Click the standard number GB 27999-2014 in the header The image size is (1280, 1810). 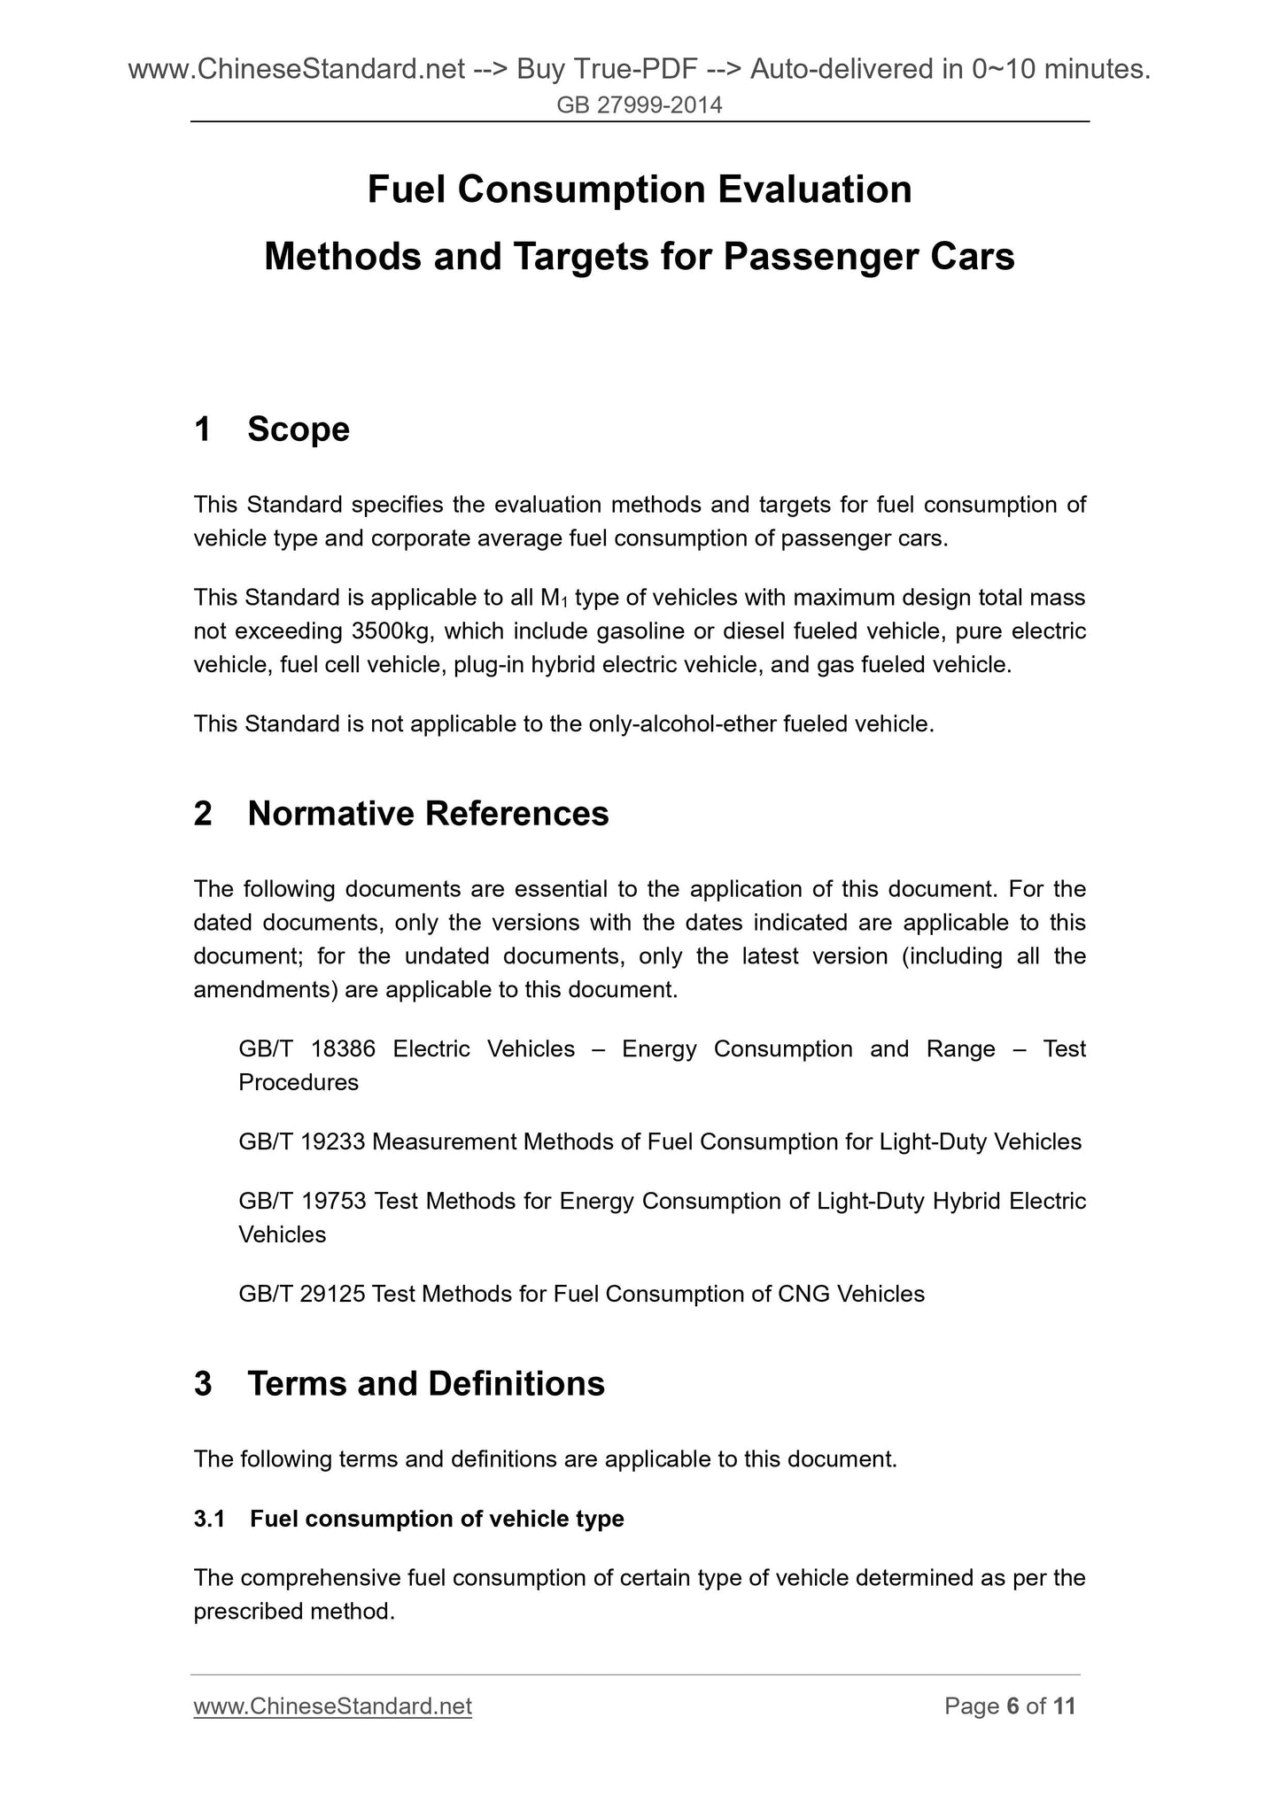(640, 105)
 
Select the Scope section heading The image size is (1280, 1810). (299, 429)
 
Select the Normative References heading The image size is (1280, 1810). (428, 814)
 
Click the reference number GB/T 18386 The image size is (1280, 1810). (306, 1049)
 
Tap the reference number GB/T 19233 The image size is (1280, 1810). (301, 1142)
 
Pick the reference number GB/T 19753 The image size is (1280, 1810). (302, 1202)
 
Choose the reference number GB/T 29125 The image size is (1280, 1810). (301, 1295)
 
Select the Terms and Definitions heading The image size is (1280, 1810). (426, 1384)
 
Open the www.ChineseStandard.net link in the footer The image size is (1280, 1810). (332, 1706)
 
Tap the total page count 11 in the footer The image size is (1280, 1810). (1064, 1706)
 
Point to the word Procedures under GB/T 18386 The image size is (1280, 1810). (299, 1083)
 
